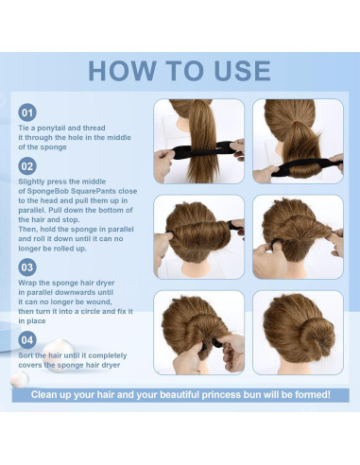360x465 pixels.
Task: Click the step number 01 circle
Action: tap(27, 112)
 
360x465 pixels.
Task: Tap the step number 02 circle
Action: tap(27, 166)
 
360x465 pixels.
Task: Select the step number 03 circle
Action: tap(27, 267)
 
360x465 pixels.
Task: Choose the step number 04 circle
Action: tap(27, 340)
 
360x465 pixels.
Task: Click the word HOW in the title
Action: tap(123, 71)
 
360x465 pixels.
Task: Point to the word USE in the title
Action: tap(242, 71)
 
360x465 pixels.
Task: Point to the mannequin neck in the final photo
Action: tap(297, 366)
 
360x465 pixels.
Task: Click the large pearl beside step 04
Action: tap(58, 355)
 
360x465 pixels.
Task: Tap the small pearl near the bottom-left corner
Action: tap(20, 379)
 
